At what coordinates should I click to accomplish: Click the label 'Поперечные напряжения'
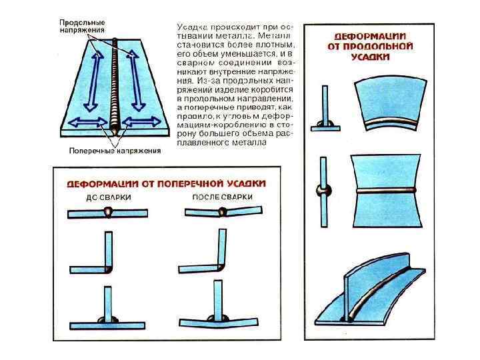pyautogui.click(x=115, y=151)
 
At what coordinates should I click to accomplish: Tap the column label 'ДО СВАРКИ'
pyautogui.click(x=109, y=198)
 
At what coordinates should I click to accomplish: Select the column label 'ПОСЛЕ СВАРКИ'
pyautogui.click(x=222, y=197)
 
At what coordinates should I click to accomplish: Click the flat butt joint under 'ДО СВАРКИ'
pyautogui.click(x=107, y=214)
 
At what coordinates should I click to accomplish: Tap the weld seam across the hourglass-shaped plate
pyautogui.click(x=388, y=191)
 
